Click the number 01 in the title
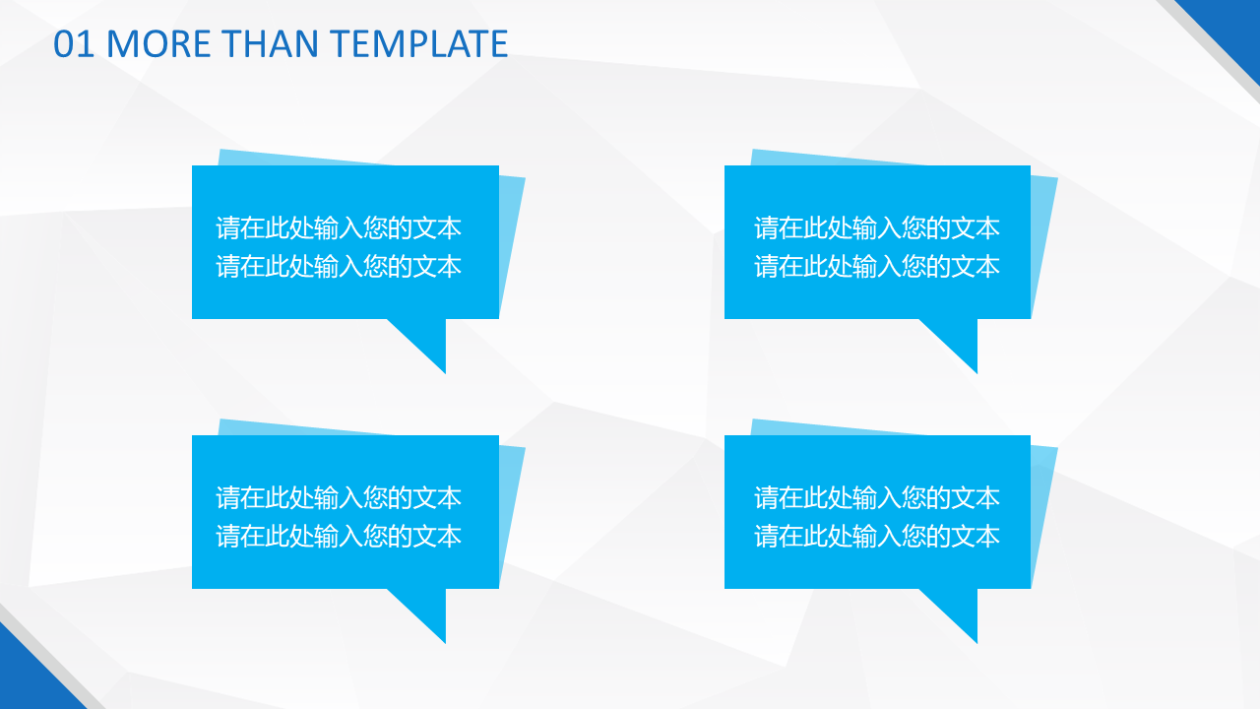point(73,44)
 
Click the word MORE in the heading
point(158,44)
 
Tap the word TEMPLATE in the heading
point(419,44)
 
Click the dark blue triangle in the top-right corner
point(1234,26)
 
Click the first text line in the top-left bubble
point(339,227)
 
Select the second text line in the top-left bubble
point(339,266)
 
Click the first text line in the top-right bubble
point(877,227)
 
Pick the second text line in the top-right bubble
point(877,266)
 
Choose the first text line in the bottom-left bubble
point(339,498)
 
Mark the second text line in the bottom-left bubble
point(339,537)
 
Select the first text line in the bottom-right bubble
point(877,498)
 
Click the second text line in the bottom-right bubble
point(877,537)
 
